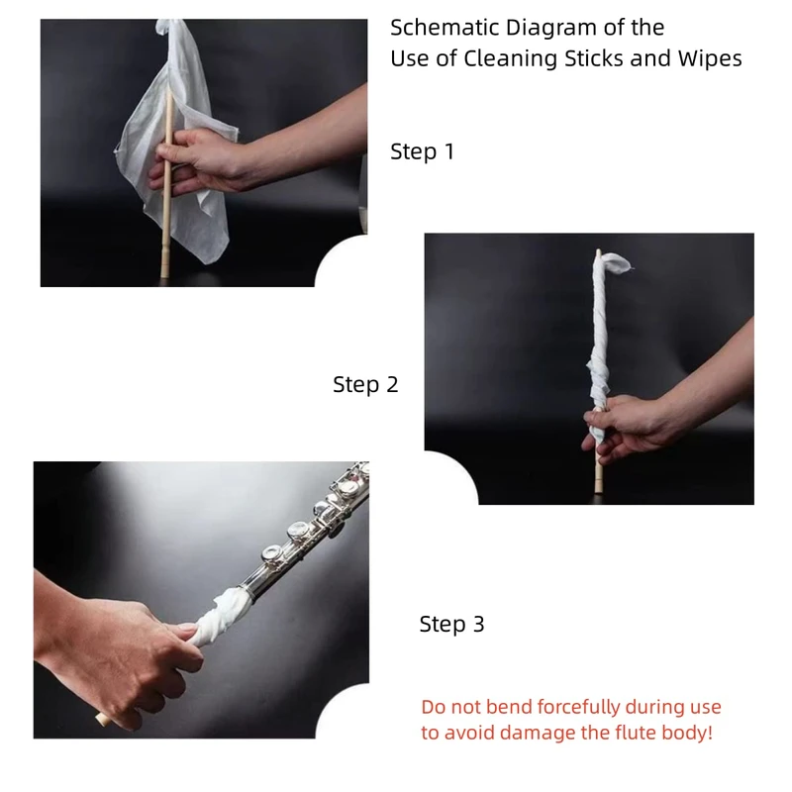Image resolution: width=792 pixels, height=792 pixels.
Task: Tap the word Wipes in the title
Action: click(710, 59)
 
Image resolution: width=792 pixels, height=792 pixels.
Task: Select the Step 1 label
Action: click(423, 152)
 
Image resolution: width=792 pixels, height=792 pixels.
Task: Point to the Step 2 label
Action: click(365, 385)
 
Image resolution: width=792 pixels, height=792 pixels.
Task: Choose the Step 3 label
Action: click(452, 625)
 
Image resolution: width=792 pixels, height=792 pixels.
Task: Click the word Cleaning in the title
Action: click(511, 59)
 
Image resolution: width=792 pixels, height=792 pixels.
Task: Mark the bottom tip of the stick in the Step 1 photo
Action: click(164, 276)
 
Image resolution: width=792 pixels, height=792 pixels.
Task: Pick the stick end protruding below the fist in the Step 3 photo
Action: click(104, 720)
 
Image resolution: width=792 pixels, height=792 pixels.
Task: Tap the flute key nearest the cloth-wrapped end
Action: click(273, 553)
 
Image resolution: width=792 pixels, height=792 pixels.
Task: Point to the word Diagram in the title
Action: click(551, 29)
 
